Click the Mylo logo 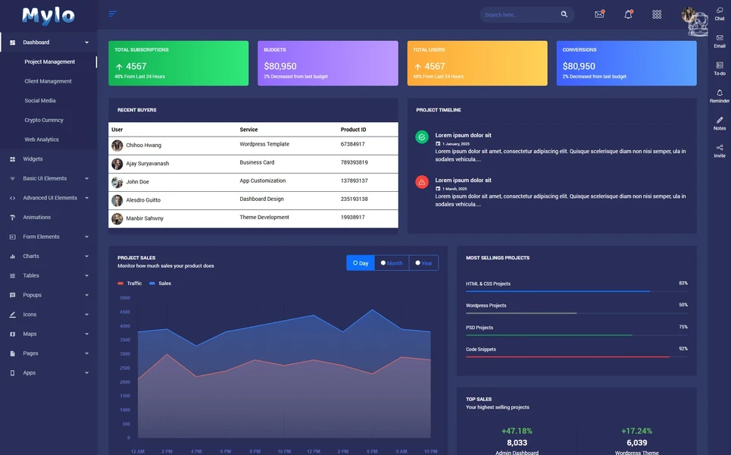click(x=48, y=15)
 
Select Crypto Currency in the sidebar click(x=44, y=120)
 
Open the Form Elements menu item click(x=41, y=237)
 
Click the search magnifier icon click(x=564, y=14)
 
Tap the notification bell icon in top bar click(x=628, y=14)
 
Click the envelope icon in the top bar click(x=599, y=14)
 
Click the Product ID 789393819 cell click(x=354, y=162)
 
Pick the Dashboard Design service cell click(x=261, y=199)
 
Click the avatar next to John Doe click(x=117, y=182)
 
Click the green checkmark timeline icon click(x=422, y=137)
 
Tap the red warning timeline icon click(x=422, y=182)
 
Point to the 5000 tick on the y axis click(x=125, y=298)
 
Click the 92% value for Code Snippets click(x=683, y=349)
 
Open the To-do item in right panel click(x=720, y=68)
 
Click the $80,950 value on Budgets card click(x=280, y=67)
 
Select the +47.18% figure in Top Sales click(x=517, y=431)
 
